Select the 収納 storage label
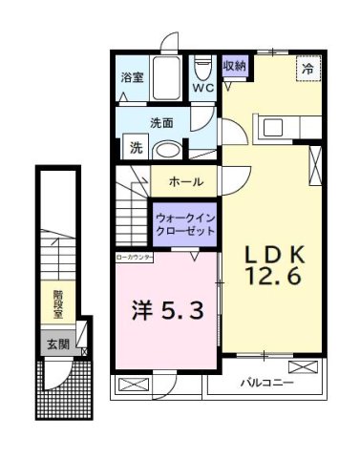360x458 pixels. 235,66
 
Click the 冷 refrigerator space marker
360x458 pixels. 307,69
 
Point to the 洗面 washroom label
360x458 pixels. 160,123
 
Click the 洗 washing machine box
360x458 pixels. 137,148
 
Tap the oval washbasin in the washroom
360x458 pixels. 169,150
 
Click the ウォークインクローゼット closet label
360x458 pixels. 185,226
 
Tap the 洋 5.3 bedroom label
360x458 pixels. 166,310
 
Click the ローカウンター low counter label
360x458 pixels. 134,258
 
